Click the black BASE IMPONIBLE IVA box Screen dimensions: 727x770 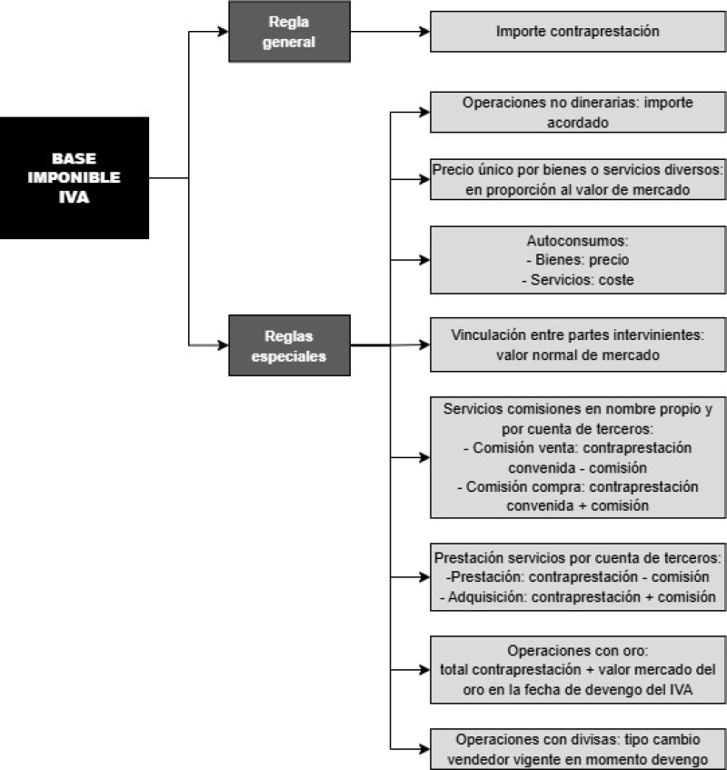75,178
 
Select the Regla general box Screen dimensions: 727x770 290,32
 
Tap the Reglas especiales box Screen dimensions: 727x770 290,345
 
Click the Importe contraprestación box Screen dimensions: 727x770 578,32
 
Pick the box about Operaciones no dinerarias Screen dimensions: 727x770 578,112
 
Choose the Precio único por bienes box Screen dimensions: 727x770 578,179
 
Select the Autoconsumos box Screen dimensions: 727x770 578,260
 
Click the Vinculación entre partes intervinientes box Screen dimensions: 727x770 578,345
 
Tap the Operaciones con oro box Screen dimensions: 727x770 578,670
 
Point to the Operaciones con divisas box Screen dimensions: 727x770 578,749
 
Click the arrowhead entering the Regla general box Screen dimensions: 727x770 224,32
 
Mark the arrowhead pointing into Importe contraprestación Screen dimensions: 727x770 424,32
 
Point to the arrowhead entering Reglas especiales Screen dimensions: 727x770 224,345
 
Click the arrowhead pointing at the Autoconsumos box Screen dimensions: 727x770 424,260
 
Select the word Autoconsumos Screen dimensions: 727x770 577,241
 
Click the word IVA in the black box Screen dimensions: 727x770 75,197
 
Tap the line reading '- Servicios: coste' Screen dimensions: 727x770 578,280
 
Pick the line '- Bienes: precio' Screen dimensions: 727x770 578,259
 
